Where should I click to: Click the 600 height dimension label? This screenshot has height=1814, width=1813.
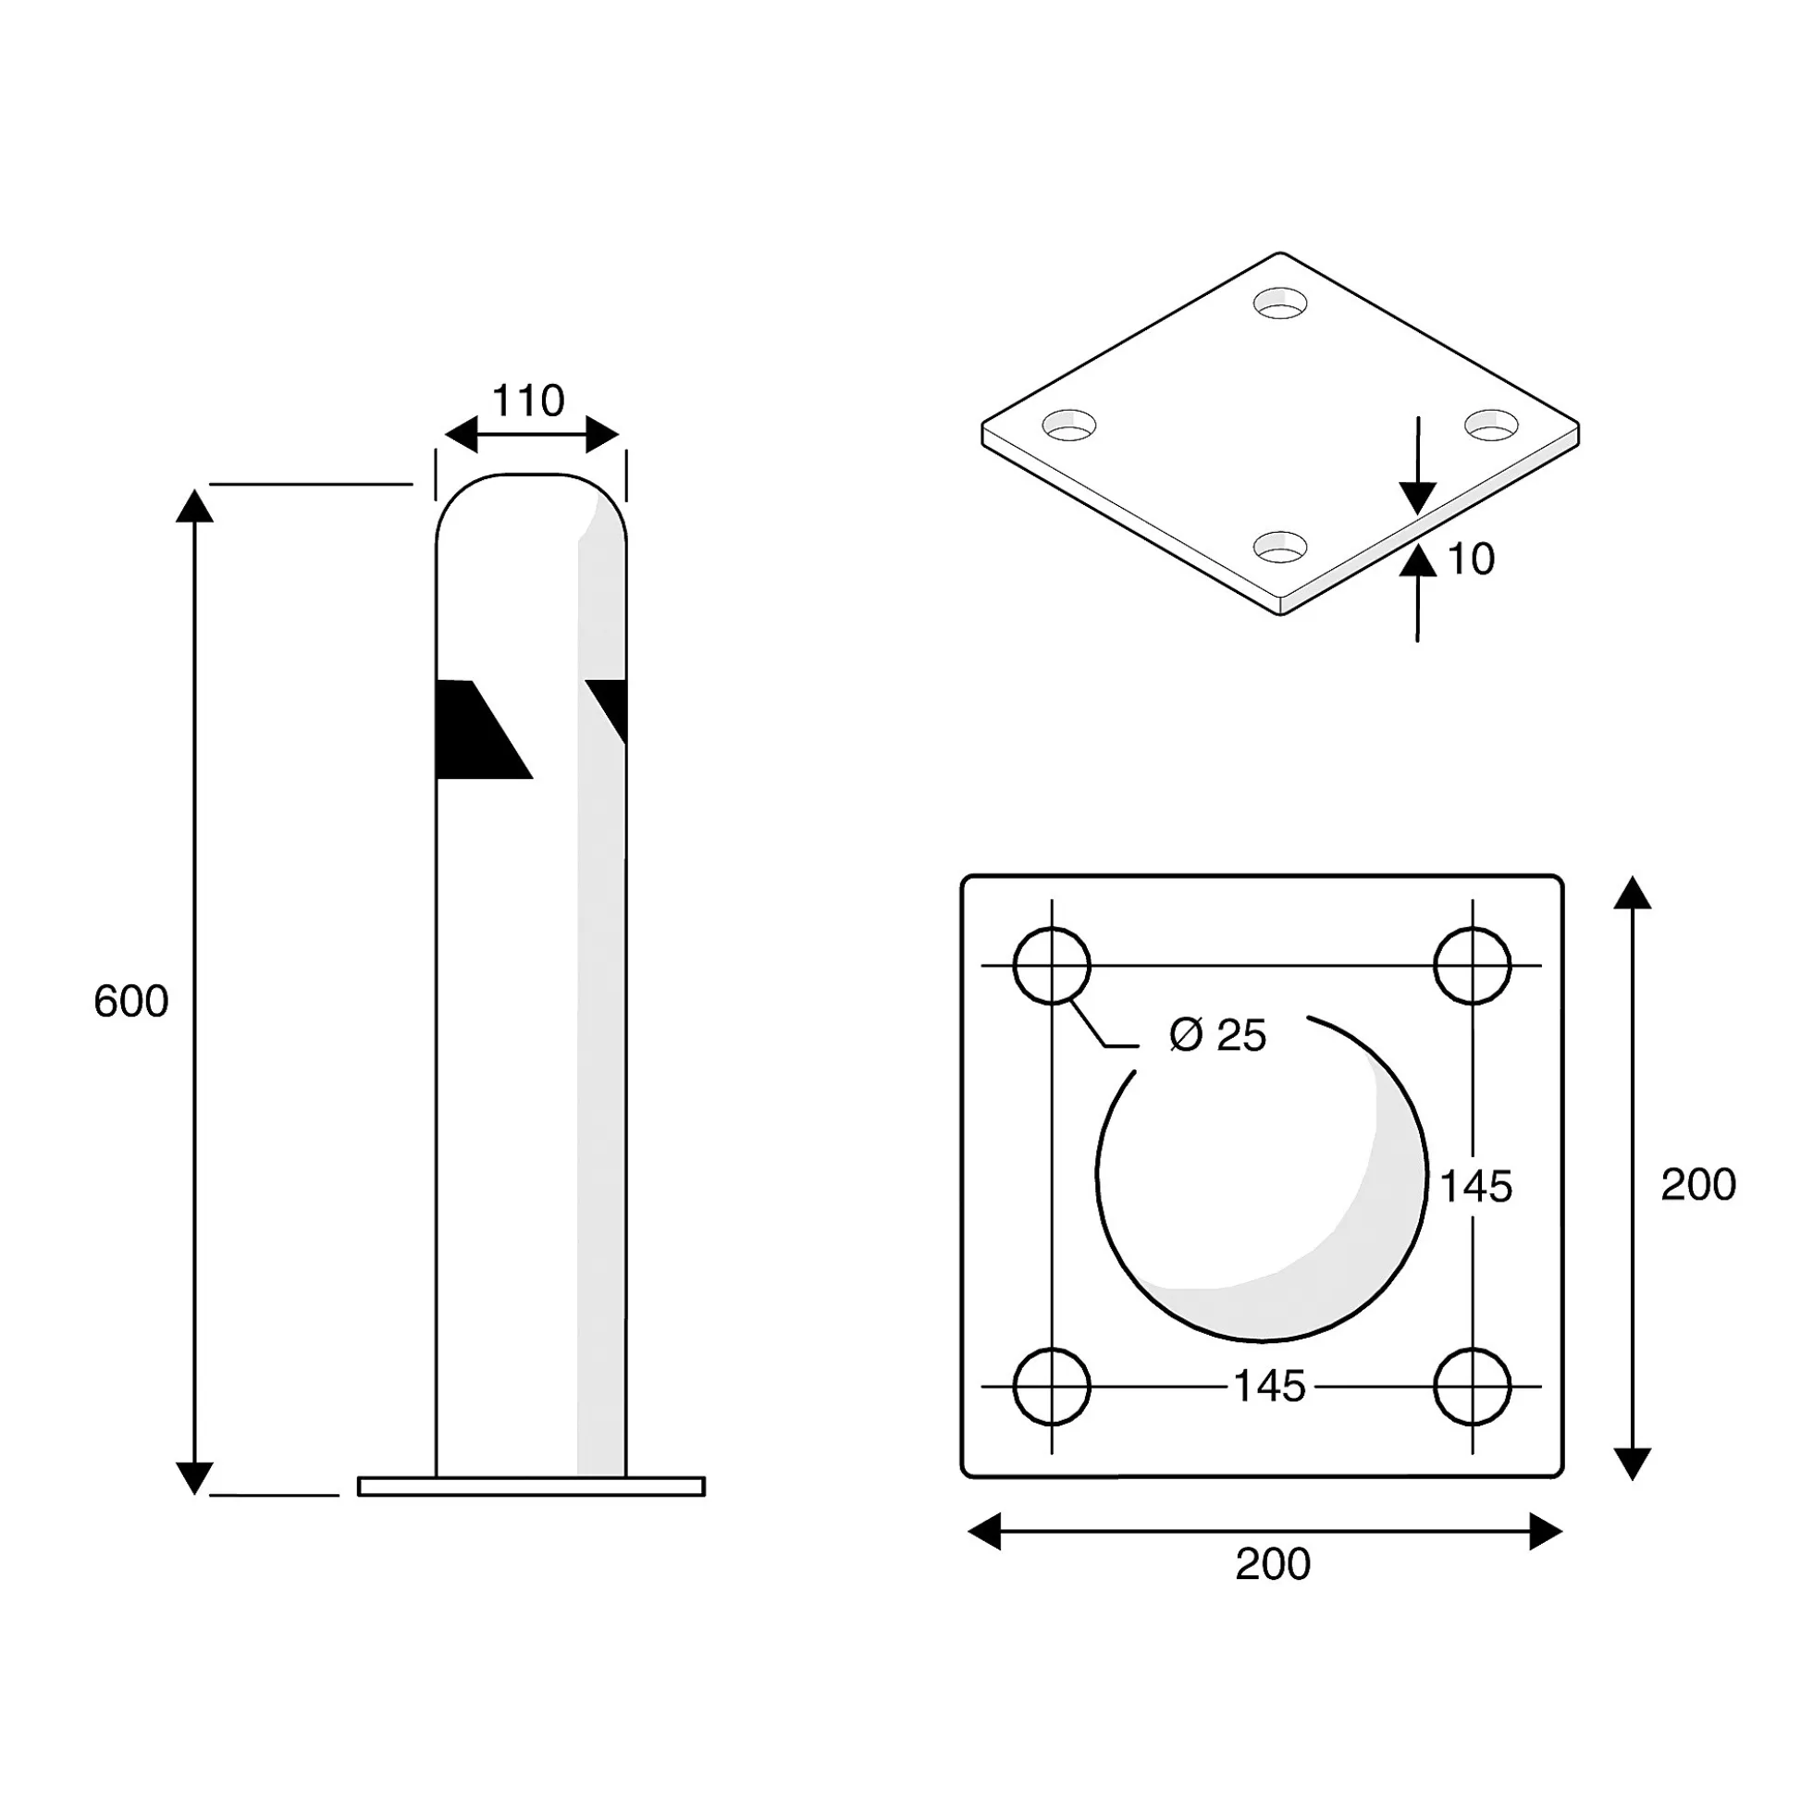(130, 1002)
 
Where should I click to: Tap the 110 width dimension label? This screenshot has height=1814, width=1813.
(527, 401)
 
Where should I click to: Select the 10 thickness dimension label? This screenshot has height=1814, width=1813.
(1471, 560)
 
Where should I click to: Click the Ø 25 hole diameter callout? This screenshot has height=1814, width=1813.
(1217, 1035)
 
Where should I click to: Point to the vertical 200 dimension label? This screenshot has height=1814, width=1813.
(1697, 1185)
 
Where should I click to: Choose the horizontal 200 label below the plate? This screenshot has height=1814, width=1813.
(1272, 1564)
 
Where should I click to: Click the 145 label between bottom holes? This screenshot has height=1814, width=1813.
(1268, 1386)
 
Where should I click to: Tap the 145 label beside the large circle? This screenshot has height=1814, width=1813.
(1476, 1187)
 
